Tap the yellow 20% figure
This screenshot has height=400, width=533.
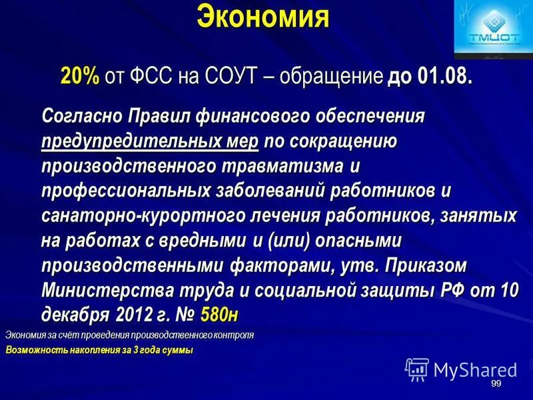point(80,75)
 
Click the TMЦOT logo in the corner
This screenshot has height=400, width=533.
point(492,29)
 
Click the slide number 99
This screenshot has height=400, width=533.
point(496,385)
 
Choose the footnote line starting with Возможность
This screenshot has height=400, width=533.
point(99,350)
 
